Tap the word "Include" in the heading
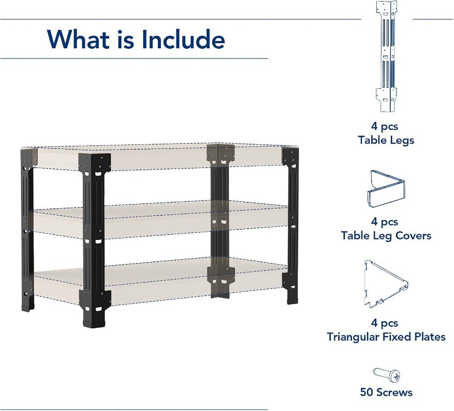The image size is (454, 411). pos(184,39)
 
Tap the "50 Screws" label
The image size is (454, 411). pos(386,393)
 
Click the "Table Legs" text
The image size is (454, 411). pos(386,140)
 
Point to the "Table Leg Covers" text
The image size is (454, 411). pos(386,236)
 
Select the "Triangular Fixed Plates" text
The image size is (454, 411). pos(386,337)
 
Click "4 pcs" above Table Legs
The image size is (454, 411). pos(385,126)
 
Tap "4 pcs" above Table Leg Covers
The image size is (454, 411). pos(385,222)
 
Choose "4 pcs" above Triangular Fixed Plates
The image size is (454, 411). pos(385,323)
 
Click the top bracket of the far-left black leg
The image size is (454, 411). pos(28,158)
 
